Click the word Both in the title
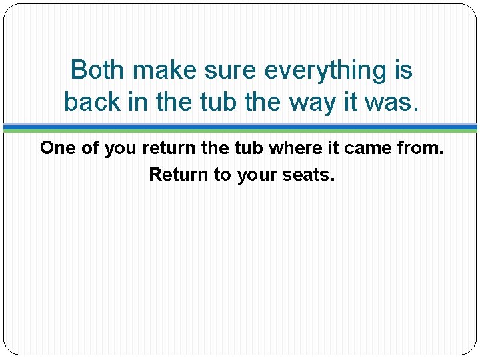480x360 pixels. coord(97,69)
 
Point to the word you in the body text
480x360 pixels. coord(120,148)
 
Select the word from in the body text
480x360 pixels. coord(421,148)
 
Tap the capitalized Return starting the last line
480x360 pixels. coord(176,175)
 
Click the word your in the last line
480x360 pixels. coord(254,175)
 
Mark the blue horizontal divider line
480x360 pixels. coord(240,126)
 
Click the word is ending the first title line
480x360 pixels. coord(400,69)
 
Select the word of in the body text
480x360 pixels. coord(89,148)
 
